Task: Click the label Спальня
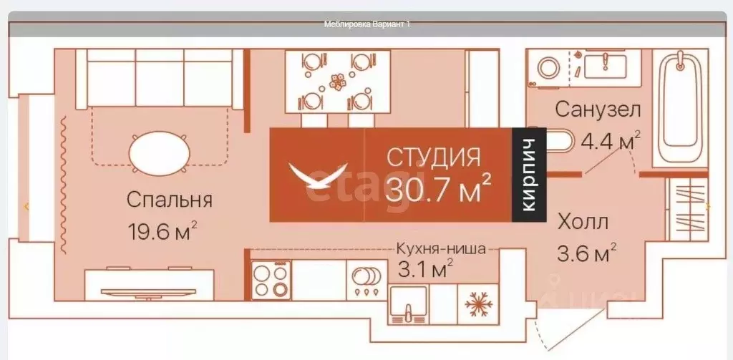[169, 200]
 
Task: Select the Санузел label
[598, 111]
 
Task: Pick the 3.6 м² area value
[586, 253]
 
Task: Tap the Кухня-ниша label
[442, 250]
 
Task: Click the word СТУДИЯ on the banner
[434, 157]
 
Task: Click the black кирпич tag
[529, 175]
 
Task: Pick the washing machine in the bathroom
[550, 68]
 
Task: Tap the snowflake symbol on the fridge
[479, 303]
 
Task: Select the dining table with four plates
[330, 80]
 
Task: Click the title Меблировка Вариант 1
[367, 24]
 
